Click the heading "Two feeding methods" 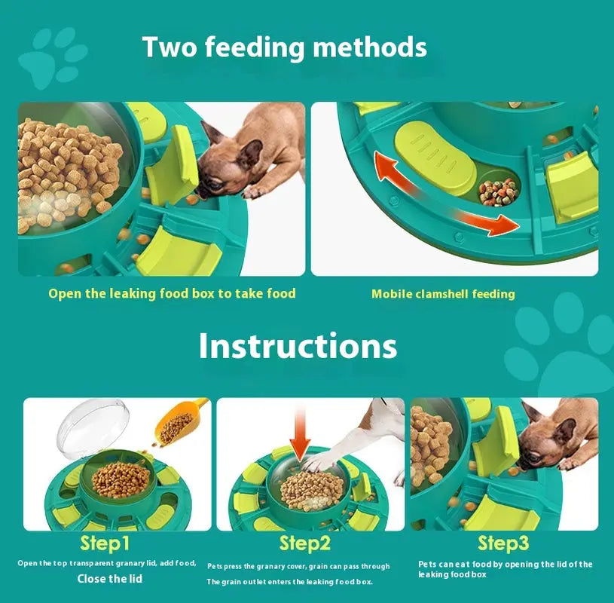[x=285, y=47]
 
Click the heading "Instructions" [x=298, y=345]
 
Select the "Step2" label [x=305, y=543]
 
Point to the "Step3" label [x=504, y=543]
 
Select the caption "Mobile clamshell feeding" [x=443, y=294]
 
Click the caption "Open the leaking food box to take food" [x=172, y=294]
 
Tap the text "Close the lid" [x=109, y=579]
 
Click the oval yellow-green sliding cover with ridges [x=435, y=161]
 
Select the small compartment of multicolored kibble [x=499, y=191]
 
